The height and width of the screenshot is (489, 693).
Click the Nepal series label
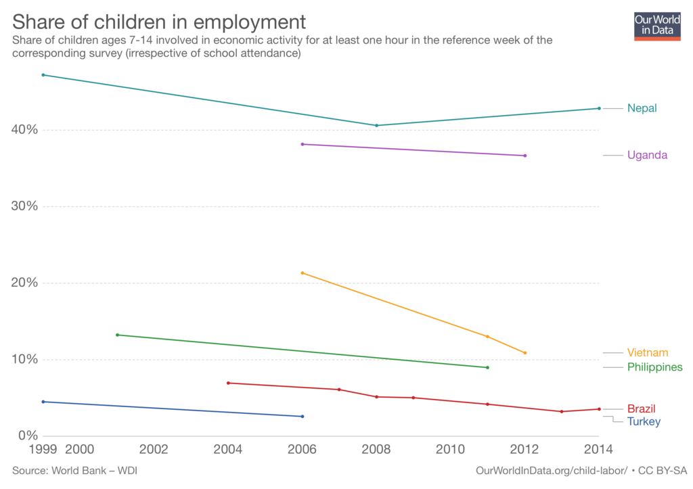coord(642,108)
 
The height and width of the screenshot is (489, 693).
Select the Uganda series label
coord(647,155)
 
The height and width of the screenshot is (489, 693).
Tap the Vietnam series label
coord(648,352)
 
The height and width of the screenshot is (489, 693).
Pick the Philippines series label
coord(655,367)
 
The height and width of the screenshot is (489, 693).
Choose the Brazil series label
coord(642,409)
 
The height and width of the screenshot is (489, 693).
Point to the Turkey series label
coord(644,421)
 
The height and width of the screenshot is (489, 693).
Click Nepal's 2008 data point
coord(376,125)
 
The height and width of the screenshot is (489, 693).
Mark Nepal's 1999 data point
coord(43,75)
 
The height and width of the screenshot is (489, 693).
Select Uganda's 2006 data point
coord(303,145)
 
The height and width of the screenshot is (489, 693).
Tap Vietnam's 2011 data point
coord(487,337)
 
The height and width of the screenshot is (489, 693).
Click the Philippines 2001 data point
coord(117,335)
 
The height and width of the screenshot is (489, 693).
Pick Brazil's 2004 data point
coord(228,383)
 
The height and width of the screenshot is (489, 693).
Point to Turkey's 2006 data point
coord(303,417)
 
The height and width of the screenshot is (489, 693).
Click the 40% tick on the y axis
coord(24,129)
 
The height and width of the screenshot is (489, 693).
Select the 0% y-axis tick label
coord(28,436)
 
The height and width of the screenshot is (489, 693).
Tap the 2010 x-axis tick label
coord(450,449)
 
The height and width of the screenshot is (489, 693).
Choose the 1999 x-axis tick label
coord(43,449)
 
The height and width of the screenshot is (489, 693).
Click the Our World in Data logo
coord(657,26)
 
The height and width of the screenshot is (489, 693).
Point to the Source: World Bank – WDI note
coord(74,471)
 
